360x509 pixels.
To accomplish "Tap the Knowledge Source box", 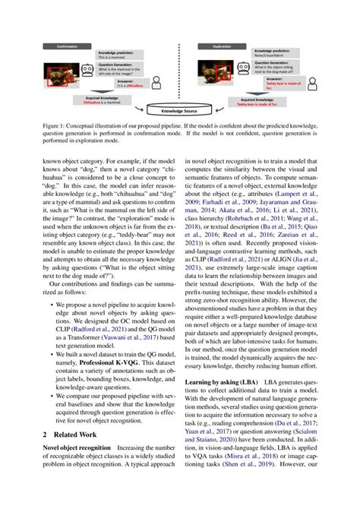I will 180,110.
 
